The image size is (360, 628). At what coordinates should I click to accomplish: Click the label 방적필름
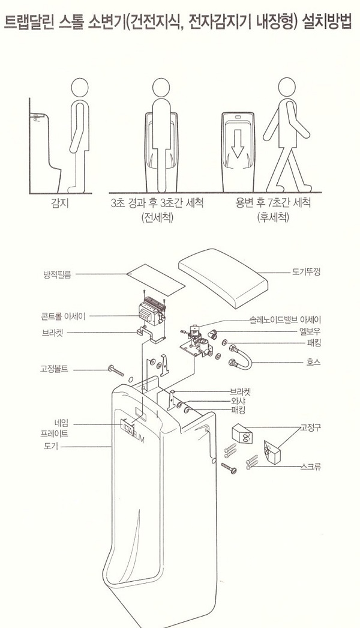coord(57,275)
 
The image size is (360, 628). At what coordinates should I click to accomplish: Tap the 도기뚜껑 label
coord(306,272)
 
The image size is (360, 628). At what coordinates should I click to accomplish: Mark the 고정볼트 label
coord(54,368)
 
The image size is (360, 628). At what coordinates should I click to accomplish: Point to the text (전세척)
coord(157,217)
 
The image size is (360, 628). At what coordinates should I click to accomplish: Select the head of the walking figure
coord(287,88)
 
